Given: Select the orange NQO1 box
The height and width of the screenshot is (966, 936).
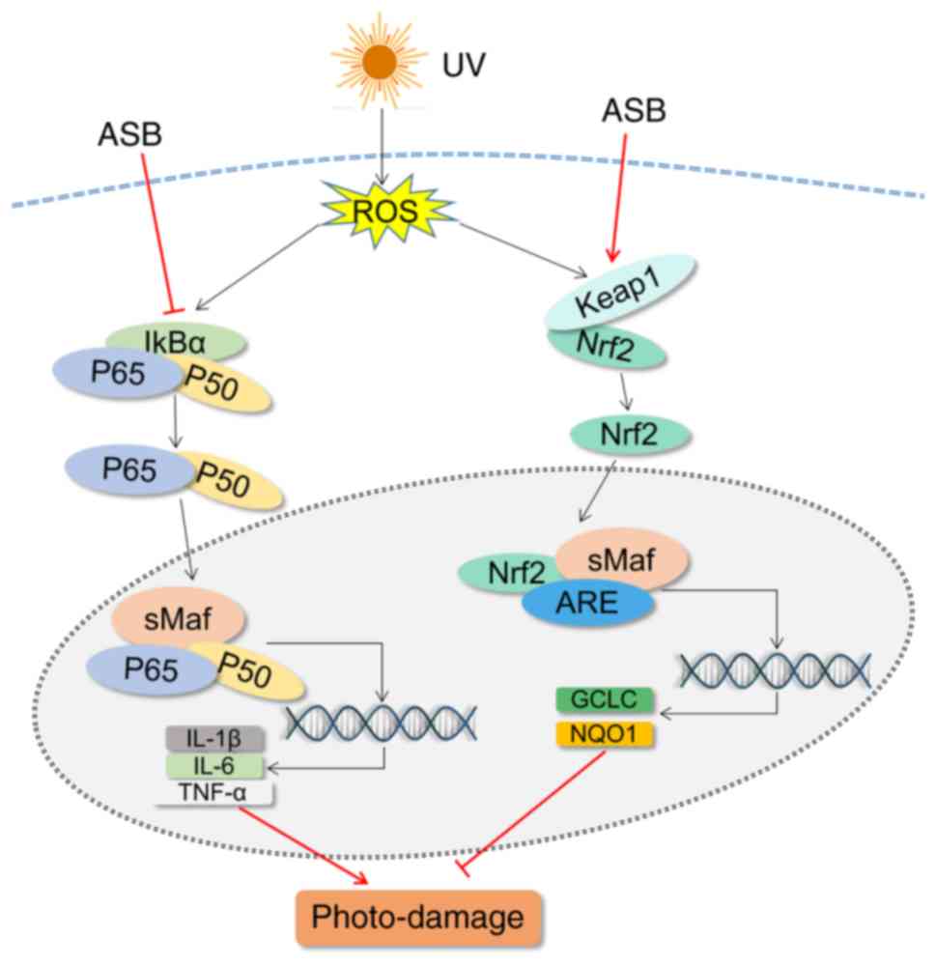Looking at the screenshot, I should pyautogui.click(x=605, y=734).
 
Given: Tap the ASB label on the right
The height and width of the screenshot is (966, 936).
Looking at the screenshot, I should pyautogui.click(x=634, y=110).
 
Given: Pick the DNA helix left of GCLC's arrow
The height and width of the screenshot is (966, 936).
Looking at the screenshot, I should pyautogui.click(x=775, y=668).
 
